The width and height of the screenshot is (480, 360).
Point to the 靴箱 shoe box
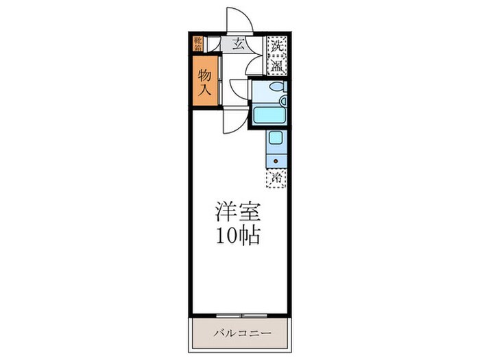click(197, 44)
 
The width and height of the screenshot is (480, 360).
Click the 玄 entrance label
click(238, 45)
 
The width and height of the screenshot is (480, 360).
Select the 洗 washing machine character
click(276, 47)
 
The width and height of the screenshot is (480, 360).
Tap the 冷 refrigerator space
click(276, 178)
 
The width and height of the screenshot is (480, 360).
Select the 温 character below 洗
click(276, 66)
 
